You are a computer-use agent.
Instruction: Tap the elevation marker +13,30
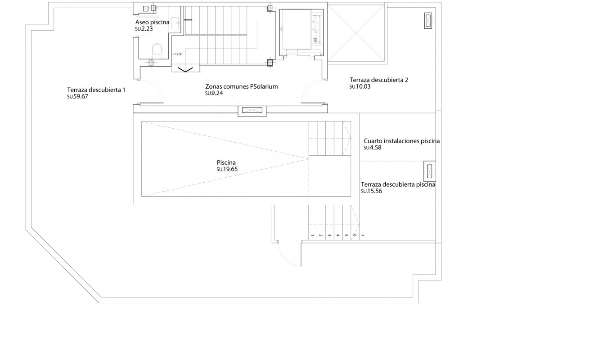pyautogui.click(x=177, y=54)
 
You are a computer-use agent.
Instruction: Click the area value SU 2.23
pyautogui.click(x=144, y=29)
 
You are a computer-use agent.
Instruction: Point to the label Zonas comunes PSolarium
pyautogui.click(x=238, y=87)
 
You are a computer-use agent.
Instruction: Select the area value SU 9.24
pyautogui.click(x=214, y=94)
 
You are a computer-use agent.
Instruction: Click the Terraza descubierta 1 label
pyautogui.click(x=96, y=90)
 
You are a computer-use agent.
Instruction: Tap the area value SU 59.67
pyautogui.click(x=77, y=96)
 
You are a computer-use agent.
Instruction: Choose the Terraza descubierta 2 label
pyautogui.click(x=378, y=80)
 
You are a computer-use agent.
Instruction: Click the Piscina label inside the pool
pyautogui.click(x=226, y=162)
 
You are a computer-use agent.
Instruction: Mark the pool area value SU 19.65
pyautogui.click(x=227, y=169)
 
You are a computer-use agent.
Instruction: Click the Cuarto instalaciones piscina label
pyautogui.click(x=401, y=141)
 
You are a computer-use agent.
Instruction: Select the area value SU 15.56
pyautogui.click(x=371, y=191)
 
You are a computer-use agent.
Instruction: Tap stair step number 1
pyautogui.click(x=312, y=235)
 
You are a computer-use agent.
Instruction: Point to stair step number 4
pyautogui.click(x=337, y=235)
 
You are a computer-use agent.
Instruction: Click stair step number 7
pyautogui.click(x=362, y=235)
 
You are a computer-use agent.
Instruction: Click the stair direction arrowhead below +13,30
pyautogui.click(x=184, y=69)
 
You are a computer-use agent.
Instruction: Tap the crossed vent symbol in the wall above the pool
pyautogui.click(x=252, y=110)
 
